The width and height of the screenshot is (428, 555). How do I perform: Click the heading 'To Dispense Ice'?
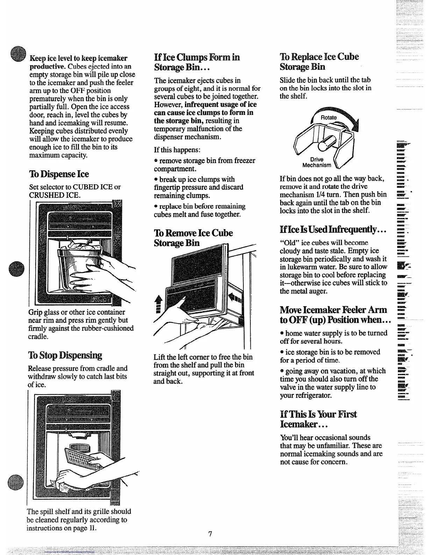click(59, 174)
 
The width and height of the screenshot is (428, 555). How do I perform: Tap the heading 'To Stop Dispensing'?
click(65, 355)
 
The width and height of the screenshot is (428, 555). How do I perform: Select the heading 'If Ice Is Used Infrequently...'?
click(333, 229)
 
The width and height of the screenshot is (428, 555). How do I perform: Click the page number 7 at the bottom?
click(210, 534)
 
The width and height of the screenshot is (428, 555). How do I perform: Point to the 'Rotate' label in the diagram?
click(329, 118)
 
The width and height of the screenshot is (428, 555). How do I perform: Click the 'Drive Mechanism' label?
click(317, 162)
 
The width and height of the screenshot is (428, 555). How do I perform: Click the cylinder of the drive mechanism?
click(326, 143)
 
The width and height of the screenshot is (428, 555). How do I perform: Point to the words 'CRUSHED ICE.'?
click(55, 195)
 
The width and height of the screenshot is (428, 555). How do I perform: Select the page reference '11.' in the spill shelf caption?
click(92, 528)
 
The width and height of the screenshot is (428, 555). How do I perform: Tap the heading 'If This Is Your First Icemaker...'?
click(318, 419)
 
